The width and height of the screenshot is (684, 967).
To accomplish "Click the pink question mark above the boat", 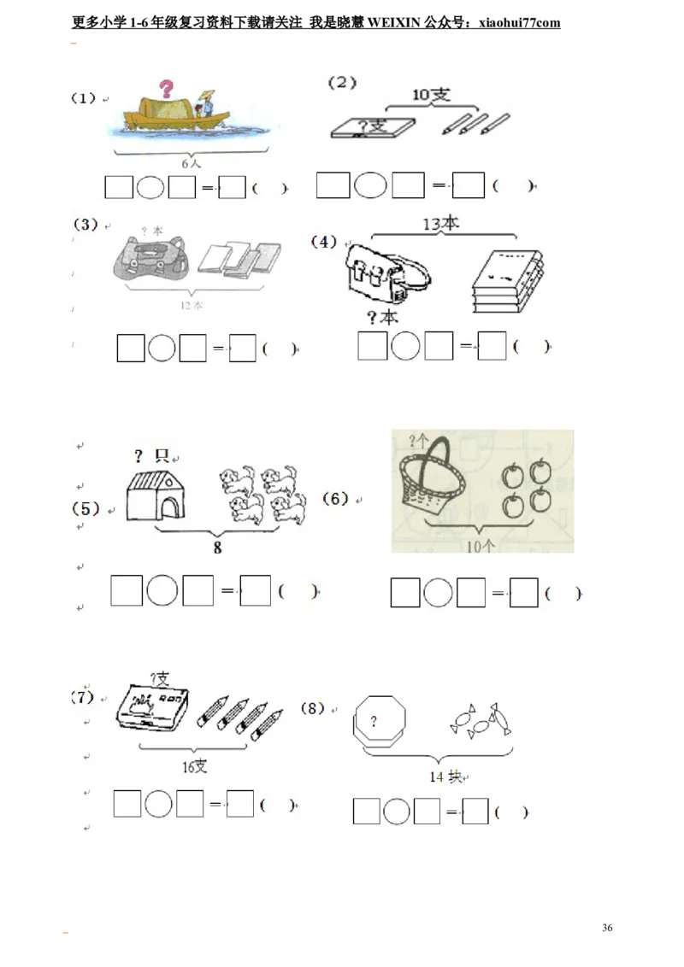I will click(167, 87).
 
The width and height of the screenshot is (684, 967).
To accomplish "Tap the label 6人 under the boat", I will click(190, 162).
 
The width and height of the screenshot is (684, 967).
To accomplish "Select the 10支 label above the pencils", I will click(431, 96).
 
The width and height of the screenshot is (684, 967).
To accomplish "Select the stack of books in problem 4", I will click(508, 282).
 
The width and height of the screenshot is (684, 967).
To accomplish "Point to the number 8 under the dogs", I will click(217, 548).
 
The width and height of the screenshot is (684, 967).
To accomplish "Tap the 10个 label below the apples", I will click(480, 547).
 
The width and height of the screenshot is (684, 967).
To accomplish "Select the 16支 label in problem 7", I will click(194, 766).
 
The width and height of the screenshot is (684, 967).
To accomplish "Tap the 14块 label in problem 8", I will click(445, 777).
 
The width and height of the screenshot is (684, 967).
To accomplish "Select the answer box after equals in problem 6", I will click(523, 593).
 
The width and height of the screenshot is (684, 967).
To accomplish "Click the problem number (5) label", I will click(85, 509).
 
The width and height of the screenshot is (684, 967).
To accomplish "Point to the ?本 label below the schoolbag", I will click(382, 318).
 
